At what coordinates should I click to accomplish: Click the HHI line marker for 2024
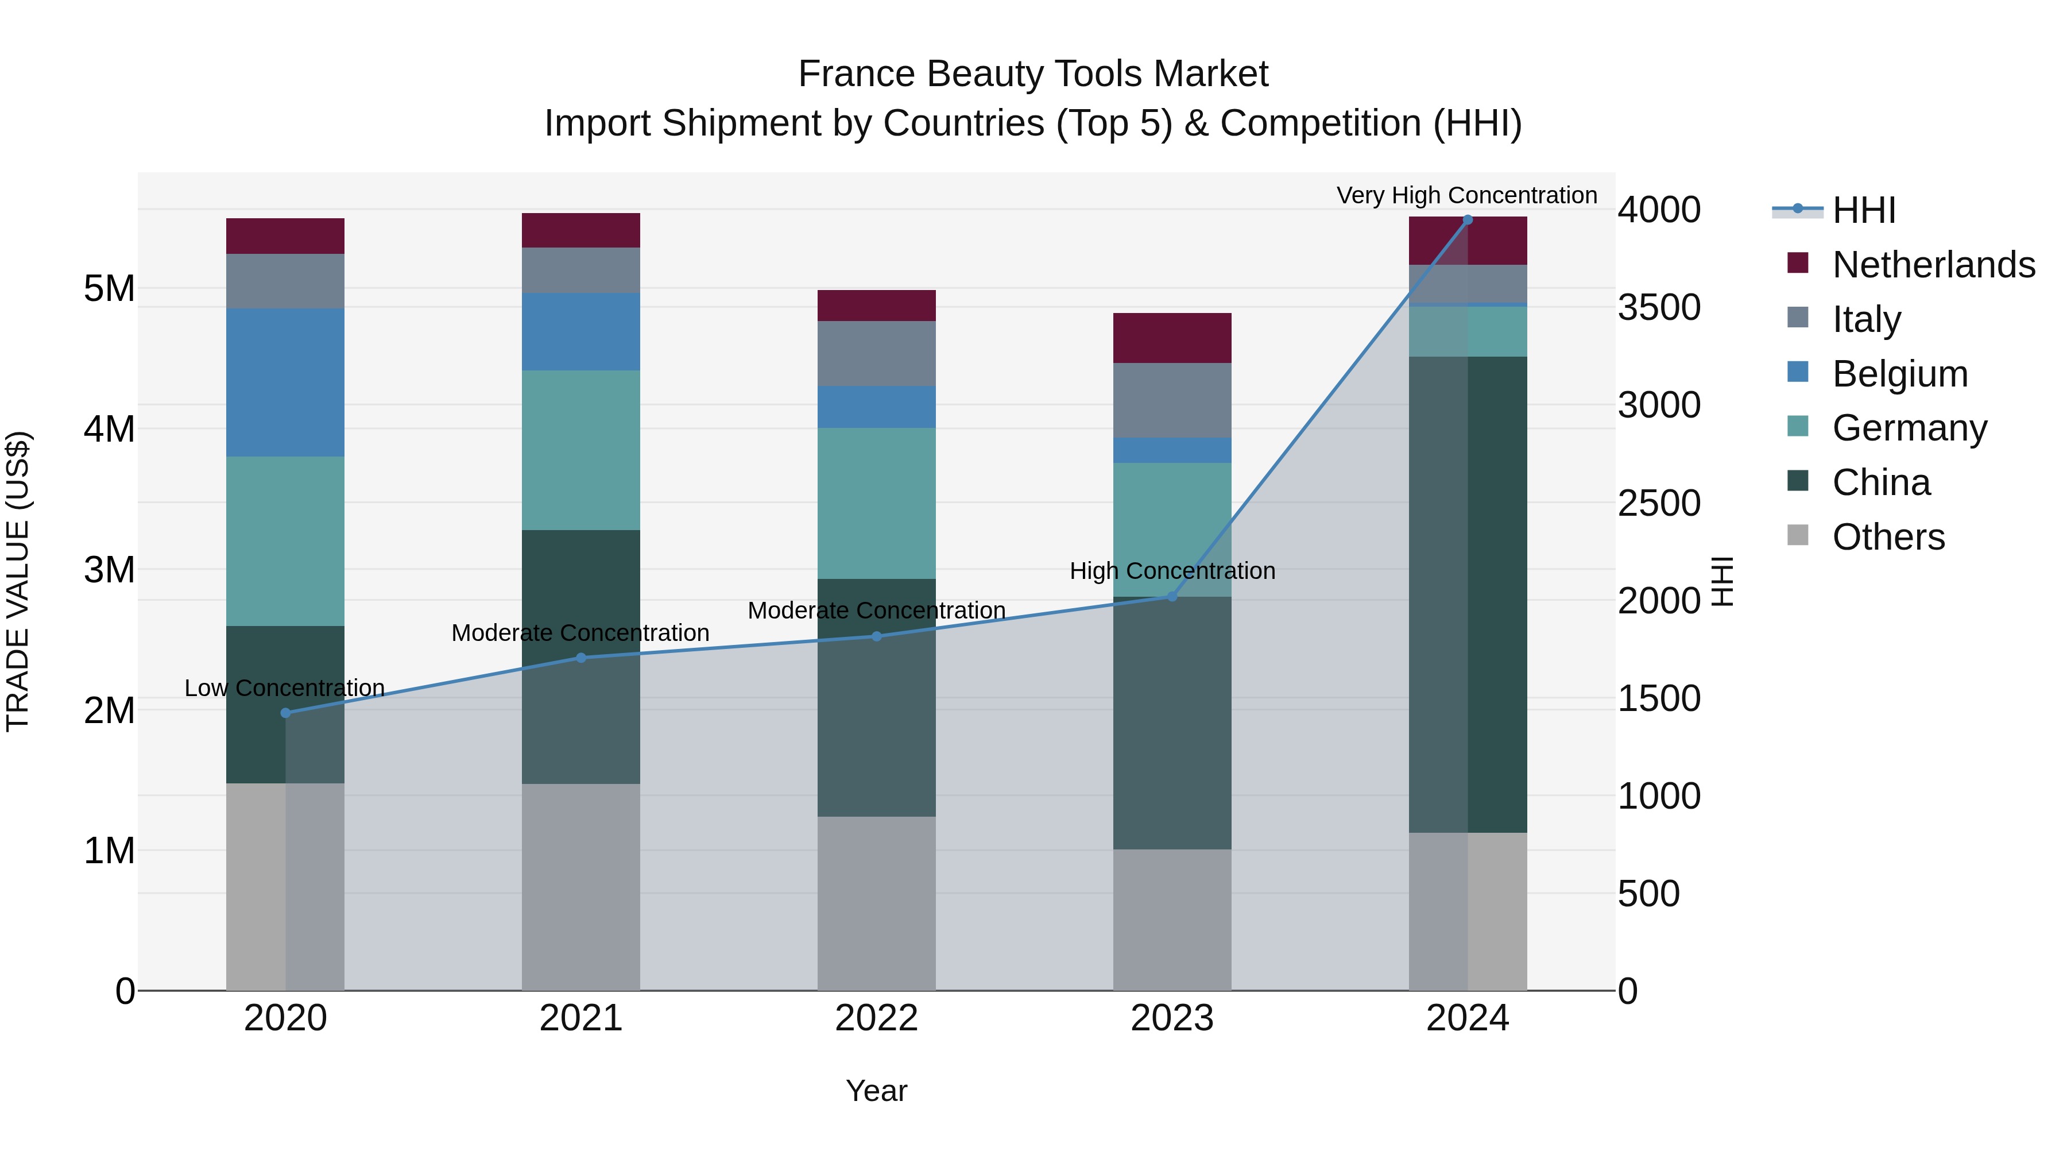coord(1468,220)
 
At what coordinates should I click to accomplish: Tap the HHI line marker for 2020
coord(286,713)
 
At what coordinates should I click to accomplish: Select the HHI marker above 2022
coord(876,636)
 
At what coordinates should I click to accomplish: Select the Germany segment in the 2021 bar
coord(581,450)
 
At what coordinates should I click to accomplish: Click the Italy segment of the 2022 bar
coord(876,353)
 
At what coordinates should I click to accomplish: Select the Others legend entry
coord(1888,537)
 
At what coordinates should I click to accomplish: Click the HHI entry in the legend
coord(1863,210)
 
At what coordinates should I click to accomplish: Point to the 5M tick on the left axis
coord(109,288)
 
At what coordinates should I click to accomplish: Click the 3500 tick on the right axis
coord(1659,307)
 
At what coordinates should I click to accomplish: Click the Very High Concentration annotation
coord(1467,195)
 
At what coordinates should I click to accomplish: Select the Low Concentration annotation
coord(285,688)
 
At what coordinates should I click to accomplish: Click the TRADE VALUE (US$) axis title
coord(18,581)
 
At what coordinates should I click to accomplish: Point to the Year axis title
coord(876,1091)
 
